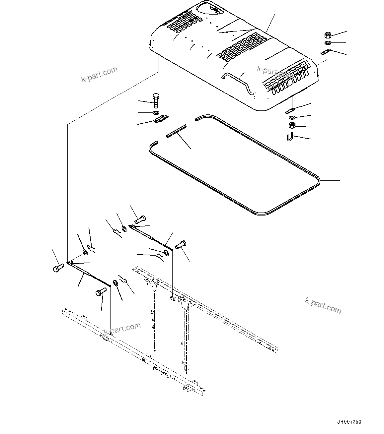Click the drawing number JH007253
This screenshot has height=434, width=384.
[349, 422]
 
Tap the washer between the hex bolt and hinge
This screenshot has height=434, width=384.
[156, 113]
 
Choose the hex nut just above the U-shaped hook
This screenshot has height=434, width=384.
[292, 126]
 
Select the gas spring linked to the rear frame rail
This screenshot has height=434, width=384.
[151, 236]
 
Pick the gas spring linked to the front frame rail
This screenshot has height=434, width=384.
[89, 273]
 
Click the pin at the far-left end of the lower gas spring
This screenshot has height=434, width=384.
[58, 268]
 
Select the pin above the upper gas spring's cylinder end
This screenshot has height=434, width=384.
[140, 219]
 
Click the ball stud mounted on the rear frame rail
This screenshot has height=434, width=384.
[173, 298]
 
